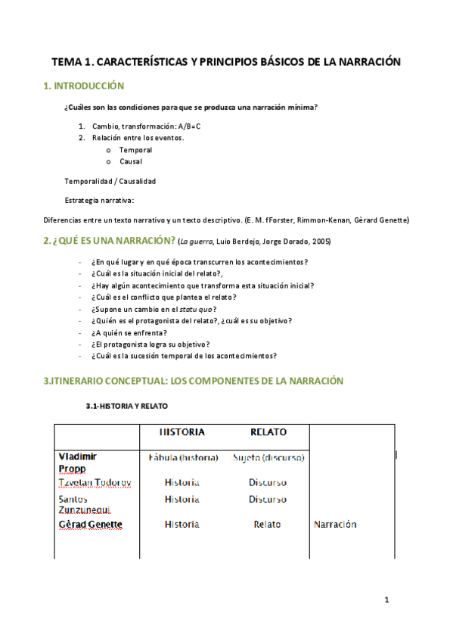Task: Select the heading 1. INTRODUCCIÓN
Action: point(84,86)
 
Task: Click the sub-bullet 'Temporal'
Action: point(135,150)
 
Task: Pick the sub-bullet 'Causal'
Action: point(130,161)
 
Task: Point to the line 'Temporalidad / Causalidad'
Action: point(110,181)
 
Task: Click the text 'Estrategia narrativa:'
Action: point(99,201)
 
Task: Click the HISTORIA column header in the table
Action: point(182,432)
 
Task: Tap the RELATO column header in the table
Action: point(268,432)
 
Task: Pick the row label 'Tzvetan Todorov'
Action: point(95,482)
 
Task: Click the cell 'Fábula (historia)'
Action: point(182,458)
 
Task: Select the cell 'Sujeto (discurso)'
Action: point(268,458)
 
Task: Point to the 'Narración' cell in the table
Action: point(334,524)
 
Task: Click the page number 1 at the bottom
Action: point(386,600)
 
